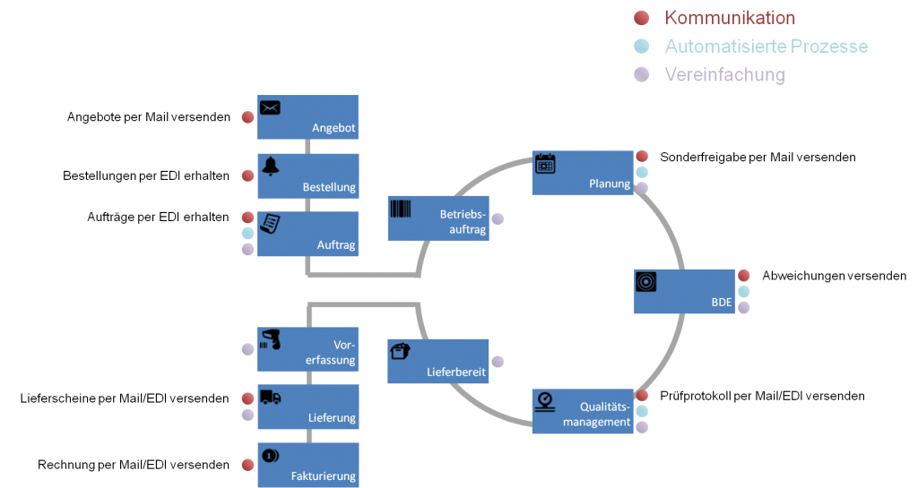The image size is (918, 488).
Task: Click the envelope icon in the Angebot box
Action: [270, 108]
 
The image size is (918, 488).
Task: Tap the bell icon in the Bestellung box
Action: [270, 167]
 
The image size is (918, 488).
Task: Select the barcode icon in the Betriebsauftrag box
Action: [401, 209]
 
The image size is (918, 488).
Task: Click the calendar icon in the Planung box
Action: [545, 163]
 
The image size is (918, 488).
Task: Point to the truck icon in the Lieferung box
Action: [270, 398]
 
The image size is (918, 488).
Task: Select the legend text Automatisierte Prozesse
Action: [766, 47]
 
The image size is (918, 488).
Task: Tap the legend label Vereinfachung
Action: [724, 75]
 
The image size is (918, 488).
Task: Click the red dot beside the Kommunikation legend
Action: [641, 18]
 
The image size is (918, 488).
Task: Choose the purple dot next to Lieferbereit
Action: [498, 362]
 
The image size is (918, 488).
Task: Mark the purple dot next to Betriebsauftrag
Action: [498, 218]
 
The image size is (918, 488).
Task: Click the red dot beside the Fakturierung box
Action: [248, 465]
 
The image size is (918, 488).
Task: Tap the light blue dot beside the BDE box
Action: [743, 291]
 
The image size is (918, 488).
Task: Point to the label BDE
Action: [722, 304]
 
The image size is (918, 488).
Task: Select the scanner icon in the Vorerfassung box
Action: [270, 339]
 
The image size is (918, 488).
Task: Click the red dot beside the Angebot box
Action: [248, 117]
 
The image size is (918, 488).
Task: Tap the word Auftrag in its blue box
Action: [336, 244]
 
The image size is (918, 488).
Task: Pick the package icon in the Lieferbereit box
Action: [401, 352]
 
